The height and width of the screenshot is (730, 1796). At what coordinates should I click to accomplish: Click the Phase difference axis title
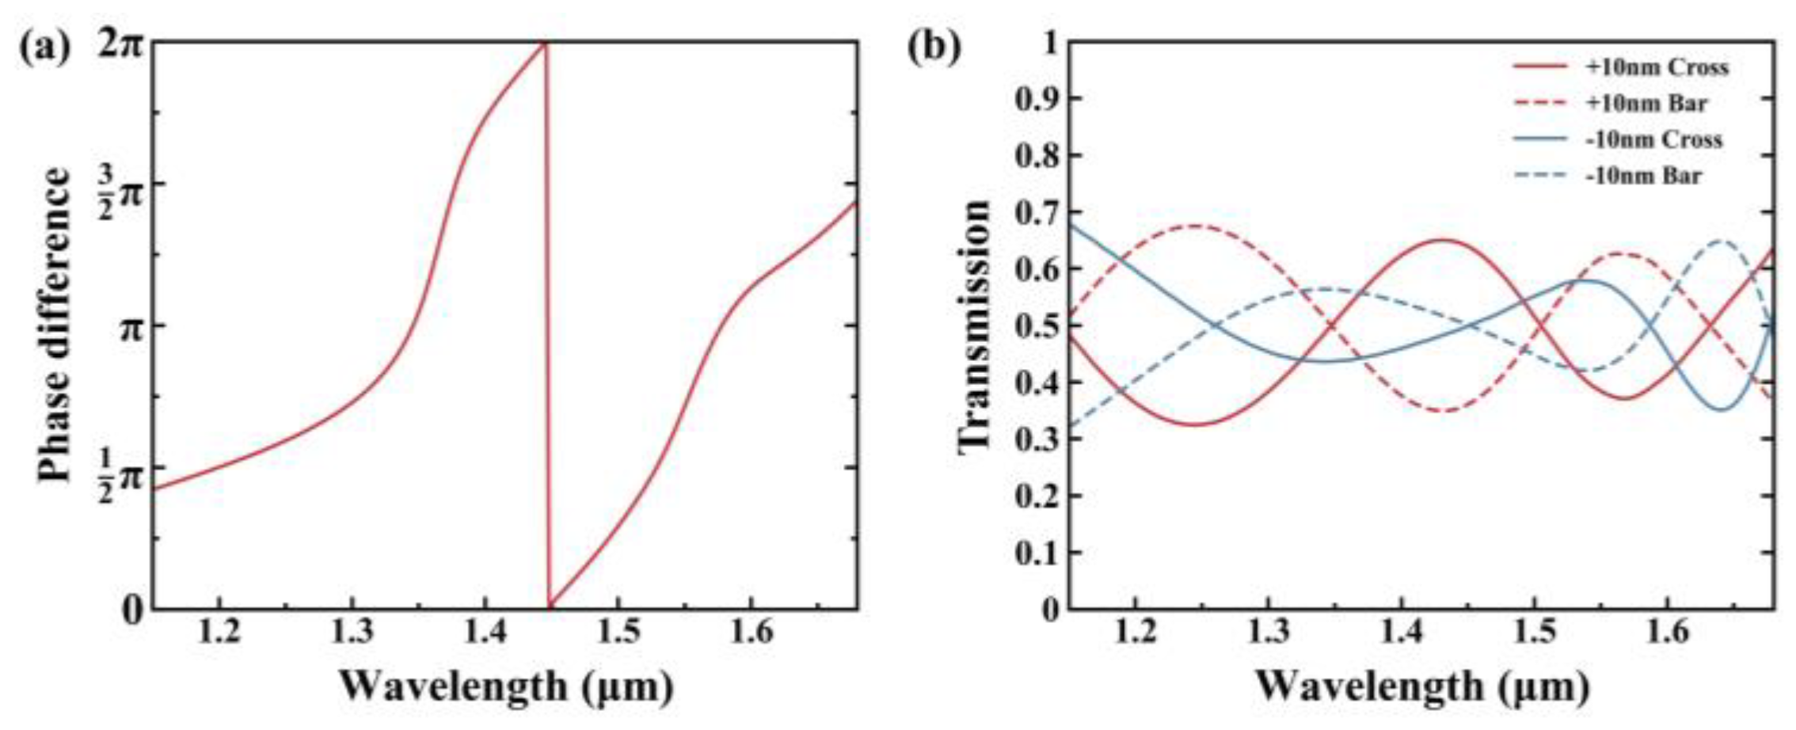pos(55,325)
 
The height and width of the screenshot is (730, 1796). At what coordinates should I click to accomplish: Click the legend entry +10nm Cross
pos(1656,68)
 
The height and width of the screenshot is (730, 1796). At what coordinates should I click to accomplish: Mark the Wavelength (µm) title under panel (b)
pos(1421,686)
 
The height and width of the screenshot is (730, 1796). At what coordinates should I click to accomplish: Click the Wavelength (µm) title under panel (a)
pos(507,686)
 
